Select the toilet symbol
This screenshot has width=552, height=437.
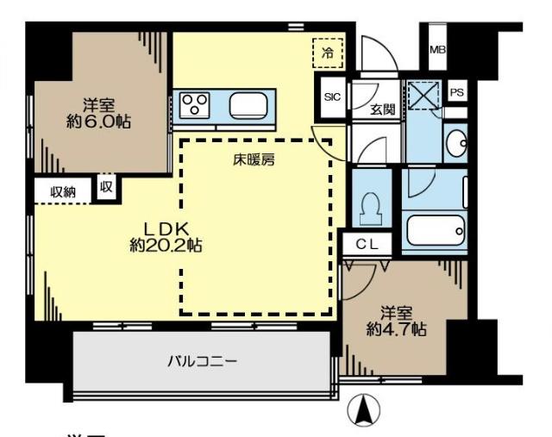tap(371, 208)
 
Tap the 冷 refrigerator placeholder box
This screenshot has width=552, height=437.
tap(327, 53)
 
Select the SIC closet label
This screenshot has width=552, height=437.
tap(332, 97)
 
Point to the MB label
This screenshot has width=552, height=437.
tap(438, 50)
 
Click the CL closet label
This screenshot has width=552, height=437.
tap(367, 245)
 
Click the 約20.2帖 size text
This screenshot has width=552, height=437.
tap(166, 246)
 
